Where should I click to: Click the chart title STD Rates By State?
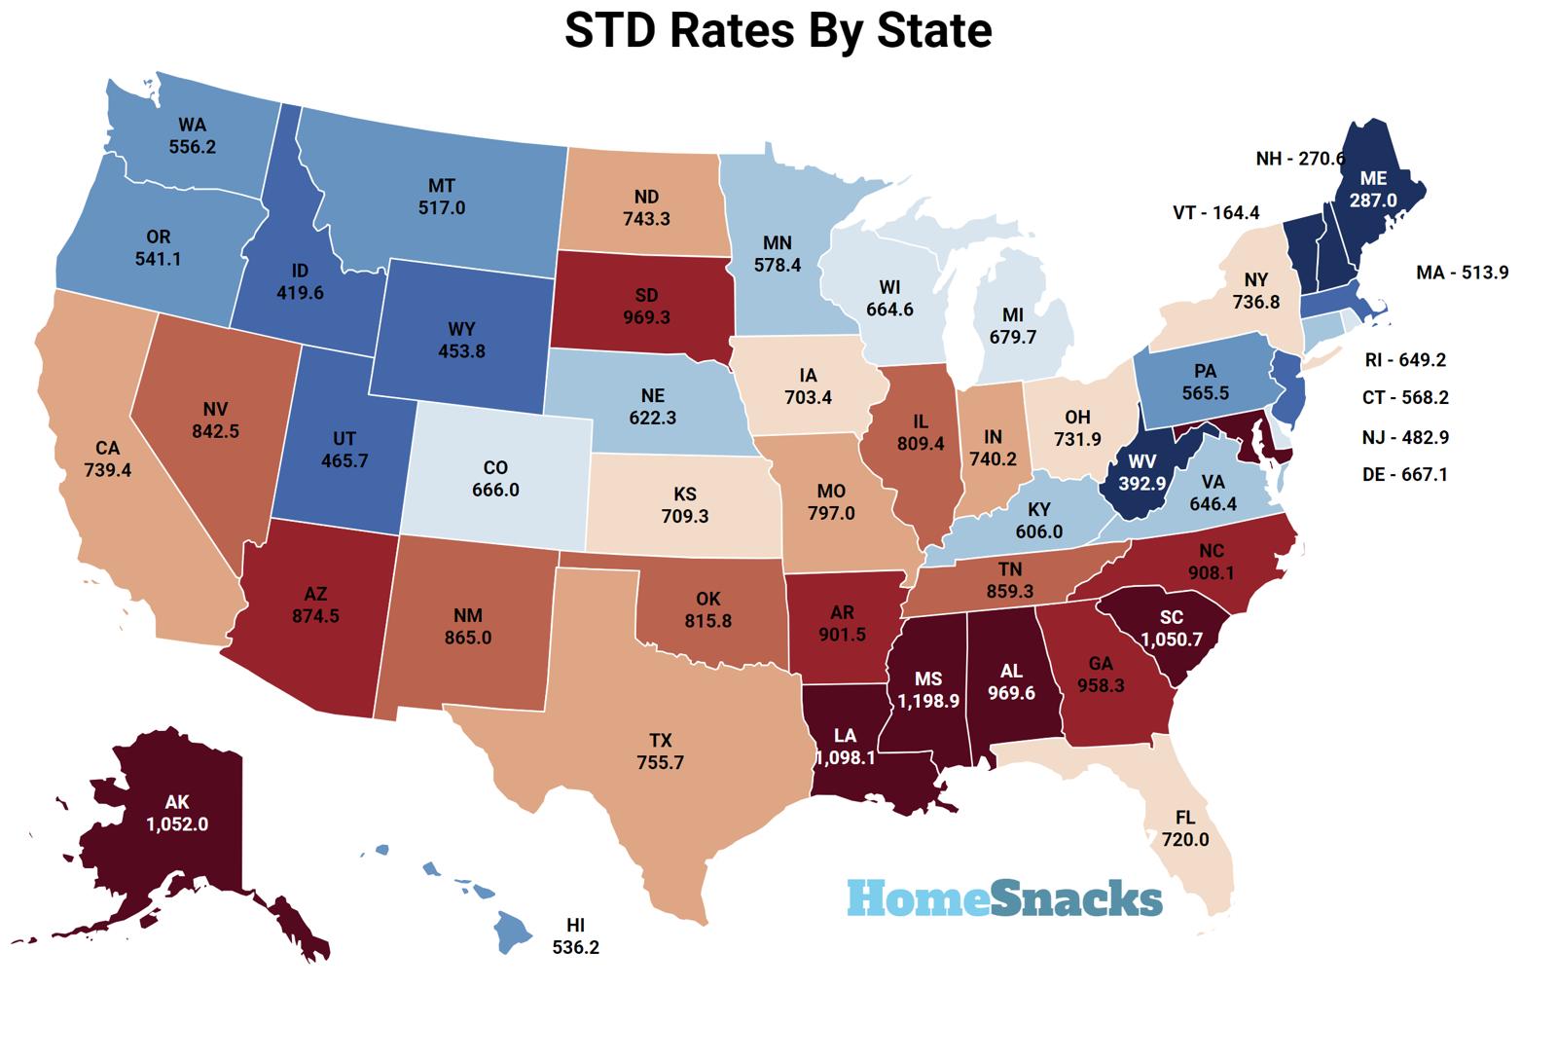778,30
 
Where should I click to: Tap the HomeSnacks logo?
1004,897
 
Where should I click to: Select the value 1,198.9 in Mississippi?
928,700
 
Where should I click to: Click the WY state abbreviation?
461,329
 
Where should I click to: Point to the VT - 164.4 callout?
1215,212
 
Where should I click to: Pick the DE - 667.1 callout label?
1405,475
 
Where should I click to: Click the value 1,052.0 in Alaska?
177,823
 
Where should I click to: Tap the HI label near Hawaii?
575,925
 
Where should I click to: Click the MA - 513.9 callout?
1462,273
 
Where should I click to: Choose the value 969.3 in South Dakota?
646,317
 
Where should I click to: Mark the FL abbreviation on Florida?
1184,819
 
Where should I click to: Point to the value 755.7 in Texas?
660,762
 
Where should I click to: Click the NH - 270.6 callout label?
1300,159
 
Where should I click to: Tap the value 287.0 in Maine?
1373,200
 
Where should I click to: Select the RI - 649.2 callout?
1405,360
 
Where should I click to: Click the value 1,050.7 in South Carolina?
1172,639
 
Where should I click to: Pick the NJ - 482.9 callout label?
1405,438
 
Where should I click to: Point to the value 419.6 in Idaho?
300,291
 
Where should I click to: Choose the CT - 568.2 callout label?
1405,398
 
